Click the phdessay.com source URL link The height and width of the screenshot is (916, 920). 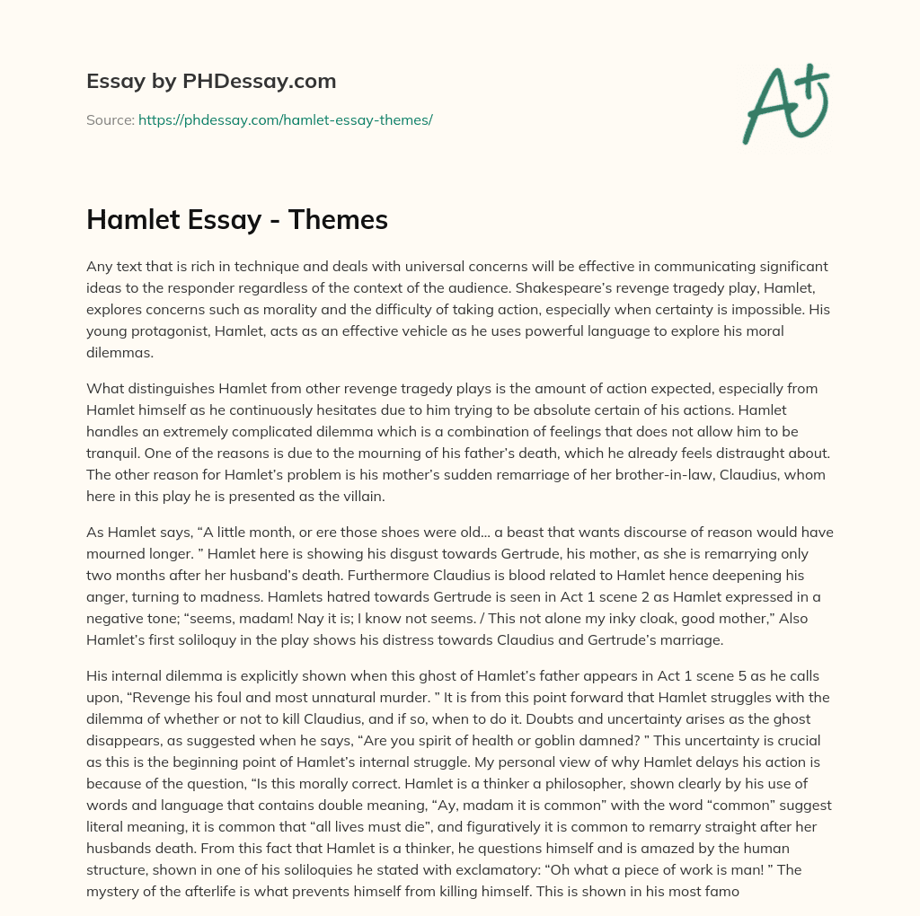[286, 119]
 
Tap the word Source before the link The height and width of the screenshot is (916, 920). [109, 119]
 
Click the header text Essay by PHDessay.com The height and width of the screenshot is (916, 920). [211, 82]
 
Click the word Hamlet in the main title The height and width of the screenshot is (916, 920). [129, 220]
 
